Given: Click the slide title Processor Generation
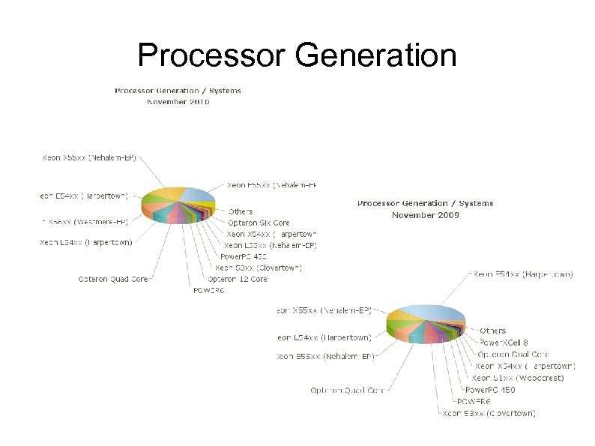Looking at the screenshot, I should tap(297, 55).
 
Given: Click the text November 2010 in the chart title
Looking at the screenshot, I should tap(178, 102).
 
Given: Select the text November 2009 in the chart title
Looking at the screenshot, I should tap(425, 215).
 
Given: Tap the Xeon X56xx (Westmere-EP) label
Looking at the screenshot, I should tap(85, 222).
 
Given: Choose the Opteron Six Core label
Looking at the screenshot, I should tap(259, 223).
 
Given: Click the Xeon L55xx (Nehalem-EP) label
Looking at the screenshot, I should tap(271, 245).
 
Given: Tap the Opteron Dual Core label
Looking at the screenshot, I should tap(513, 354).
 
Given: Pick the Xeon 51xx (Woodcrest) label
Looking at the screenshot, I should tap(518, 378).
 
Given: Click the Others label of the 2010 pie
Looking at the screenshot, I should tap(241, 211).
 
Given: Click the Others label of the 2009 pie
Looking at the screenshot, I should tap(492, 331).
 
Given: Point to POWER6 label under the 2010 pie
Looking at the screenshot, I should tap(208, 290).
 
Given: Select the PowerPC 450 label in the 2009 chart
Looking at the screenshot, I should tap(490, 390).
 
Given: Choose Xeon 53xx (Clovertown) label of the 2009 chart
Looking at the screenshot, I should tap(489, 413).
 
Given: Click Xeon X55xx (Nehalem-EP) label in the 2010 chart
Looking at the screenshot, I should tap(94, 158).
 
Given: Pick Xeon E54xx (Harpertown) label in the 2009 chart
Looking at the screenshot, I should tap(523, 274).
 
